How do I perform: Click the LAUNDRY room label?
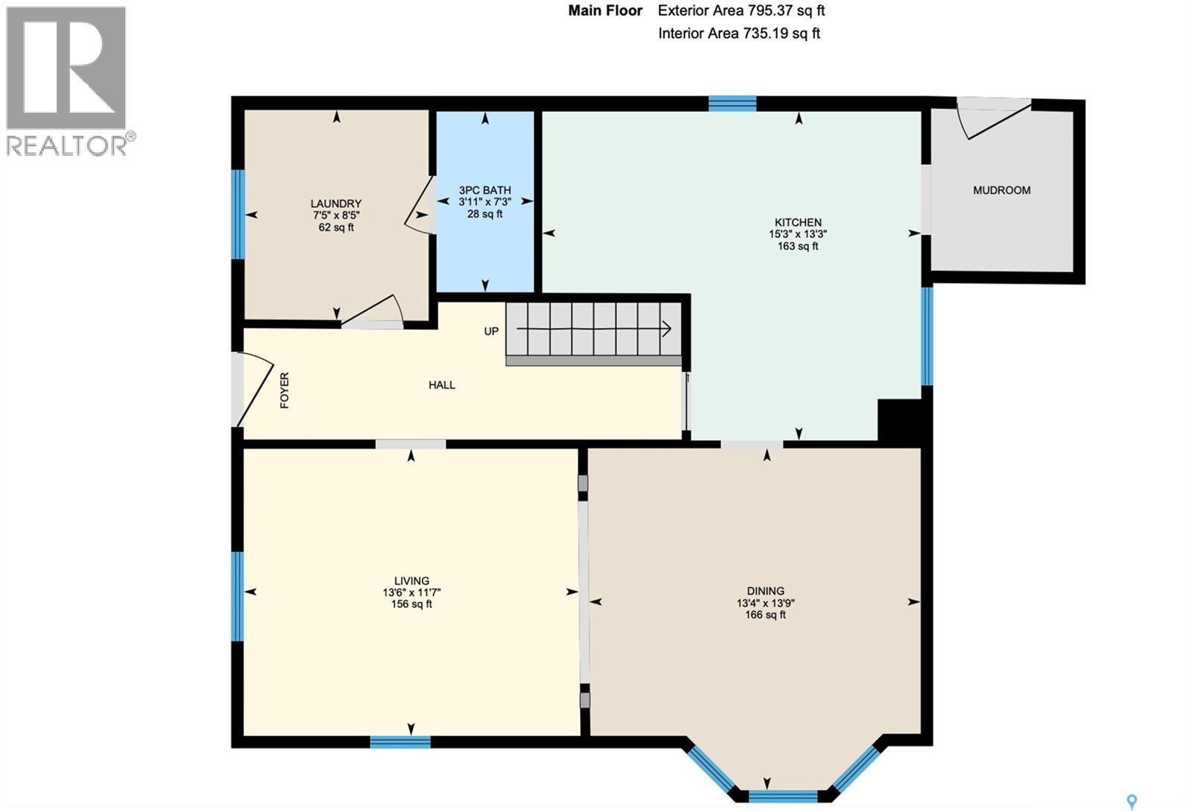click(x=336, y=204)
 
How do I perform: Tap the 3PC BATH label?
click(x=485, y=190)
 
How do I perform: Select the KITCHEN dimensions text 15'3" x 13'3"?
click(x=798, y=234)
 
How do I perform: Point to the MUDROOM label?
click(x=1001, y=190)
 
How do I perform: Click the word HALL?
click(x=441, y=385)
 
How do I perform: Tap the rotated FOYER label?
click(x=284, y=390)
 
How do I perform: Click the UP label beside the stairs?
click(x=491, y=331)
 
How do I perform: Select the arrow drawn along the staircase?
click(x=594, y=329)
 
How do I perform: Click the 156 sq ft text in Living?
click(x=412, y=604)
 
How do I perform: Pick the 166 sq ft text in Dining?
click(x=765, y=615)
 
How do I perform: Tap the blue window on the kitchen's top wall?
click(x=732, y=103)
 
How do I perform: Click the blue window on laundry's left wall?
click(x=238, y=214)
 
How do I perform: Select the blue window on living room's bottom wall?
click(x=400, y=742)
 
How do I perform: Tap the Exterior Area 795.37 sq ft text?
click(x=741, y=10)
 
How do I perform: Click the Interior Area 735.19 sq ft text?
click(x=739, y=34)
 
